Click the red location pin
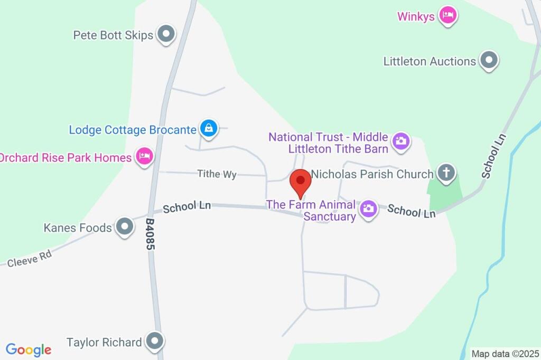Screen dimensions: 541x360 point(301,182)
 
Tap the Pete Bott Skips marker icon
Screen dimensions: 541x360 point(167,35)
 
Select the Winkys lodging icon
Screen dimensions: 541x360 point(449,15)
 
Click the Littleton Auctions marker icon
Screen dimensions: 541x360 point(489,60)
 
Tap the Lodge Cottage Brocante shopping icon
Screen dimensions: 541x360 point(209,128)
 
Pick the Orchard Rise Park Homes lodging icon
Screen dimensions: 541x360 point(144,157)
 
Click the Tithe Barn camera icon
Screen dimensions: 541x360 point(402,141)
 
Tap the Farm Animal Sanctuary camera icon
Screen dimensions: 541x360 point(368,209)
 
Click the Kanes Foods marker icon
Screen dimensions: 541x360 point(125,227)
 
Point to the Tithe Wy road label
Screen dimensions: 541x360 point(217,174)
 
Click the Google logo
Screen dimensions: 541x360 point(29,349)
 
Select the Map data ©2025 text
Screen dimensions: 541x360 point(505,354)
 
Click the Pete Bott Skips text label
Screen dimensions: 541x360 point(113,35)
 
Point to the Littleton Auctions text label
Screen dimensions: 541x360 point(430,61)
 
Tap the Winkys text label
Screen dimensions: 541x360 point(416,16)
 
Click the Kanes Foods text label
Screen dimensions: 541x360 point(77,228)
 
